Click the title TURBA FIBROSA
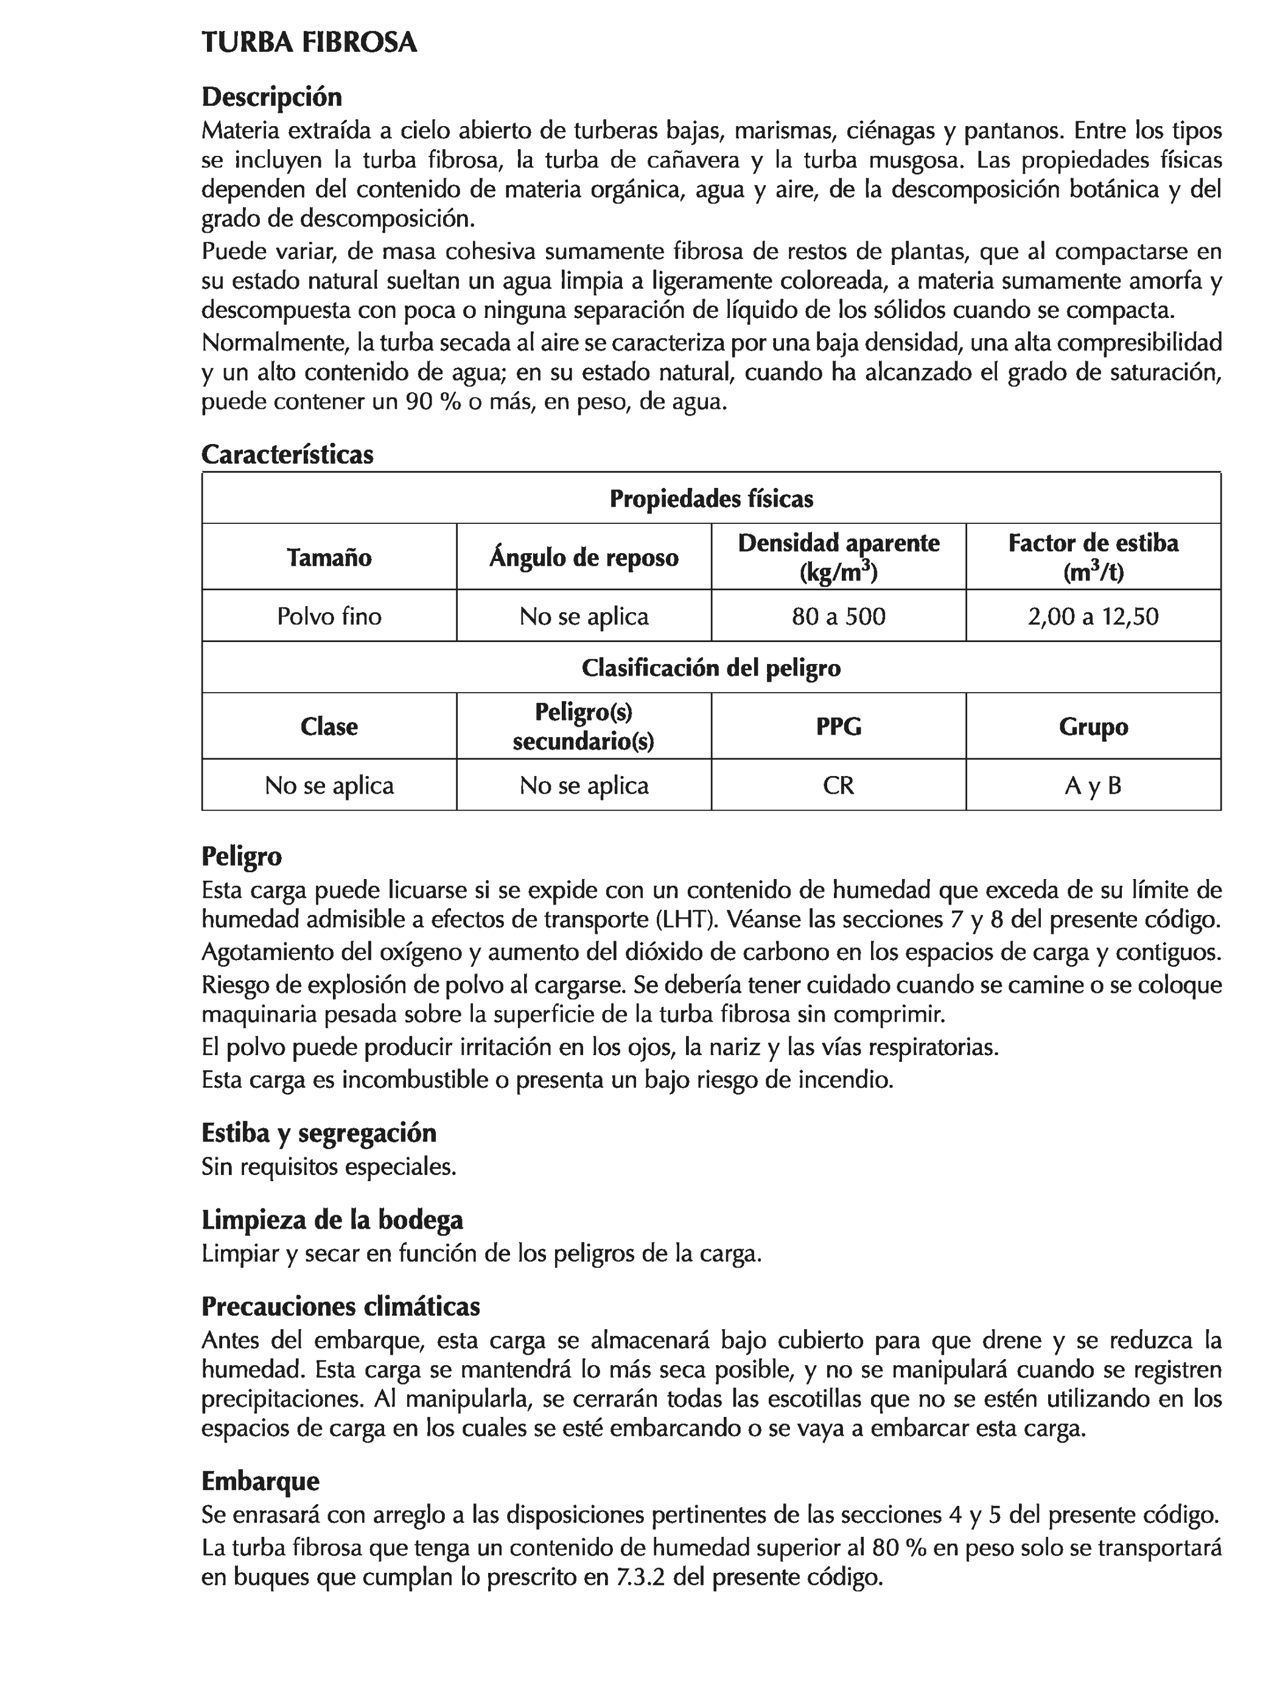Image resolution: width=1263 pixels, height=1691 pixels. coord(309,42)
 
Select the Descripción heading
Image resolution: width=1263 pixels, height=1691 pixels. coord(271,97)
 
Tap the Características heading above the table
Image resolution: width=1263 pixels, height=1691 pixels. coord(287,454)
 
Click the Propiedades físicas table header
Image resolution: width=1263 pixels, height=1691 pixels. coord(710,498)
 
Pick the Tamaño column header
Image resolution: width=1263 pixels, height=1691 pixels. coord(329,557)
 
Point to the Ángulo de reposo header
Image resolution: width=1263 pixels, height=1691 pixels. coord(583,557)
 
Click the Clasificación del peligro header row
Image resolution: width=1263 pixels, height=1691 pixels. coord(710,668)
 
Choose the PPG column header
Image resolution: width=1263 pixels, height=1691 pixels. coord(838,725)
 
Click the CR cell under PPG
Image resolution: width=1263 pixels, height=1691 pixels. coord(838,785)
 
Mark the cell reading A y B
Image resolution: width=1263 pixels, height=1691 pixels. coord(1093,785)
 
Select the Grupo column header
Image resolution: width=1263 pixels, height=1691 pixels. coord(1093,725)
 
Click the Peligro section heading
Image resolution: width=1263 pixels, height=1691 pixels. coord(242,855)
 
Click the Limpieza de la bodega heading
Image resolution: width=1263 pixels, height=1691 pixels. coord(332,1218)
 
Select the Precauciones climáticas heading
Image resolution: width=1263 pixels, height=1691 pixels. coord(341,1305)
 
